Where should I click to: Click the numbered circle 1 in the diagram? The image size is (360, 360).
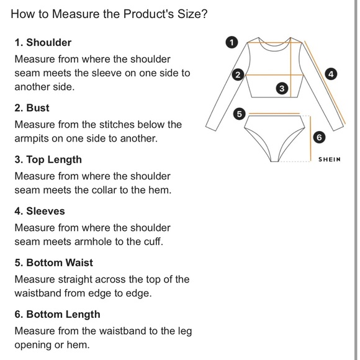point(232,42)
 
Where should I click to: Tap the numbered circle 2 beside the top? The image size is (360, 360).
point(238,74)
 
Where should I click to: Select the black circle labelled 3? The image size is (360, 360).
point(282,88)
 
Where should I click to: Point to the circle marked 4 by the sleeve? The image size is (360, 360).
point(331,74)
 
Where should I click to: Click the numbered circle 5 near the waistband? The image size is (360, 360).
point(239,114)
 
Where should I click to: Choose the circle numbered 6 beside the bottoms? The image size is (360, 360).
point(319,137)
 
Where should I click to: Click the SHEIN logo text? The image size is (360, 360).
point(329,160)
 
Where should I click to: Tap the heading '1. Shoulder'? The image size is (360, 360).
point(43,42)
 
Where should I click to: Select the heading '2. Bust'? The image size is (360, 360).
point(32,108)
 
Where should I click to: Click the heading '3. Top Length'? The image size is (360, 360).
point(48,160)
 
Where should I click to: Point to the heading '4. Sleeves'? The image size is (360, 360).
point(40,211)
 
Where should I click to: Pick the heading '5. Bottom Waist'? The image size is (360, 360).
point(54,263)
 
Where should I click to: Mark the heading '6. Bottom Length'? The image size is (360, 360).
point(57,315)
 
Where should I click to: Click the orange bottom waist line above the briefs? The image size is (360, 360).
point(274,113)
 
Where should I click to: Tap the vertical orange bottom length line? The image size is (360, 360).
point(310,138)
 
